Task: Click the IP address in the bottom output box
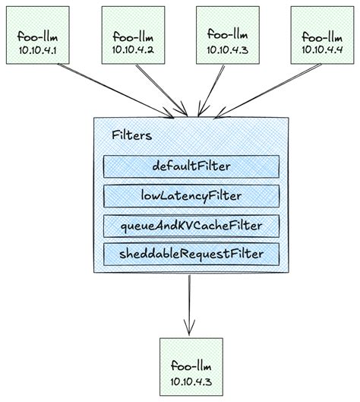point(190,378)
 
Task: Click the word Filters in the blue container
point(131,135)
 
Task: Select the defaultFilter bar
point(191,166)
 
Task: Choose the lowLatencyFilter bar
point(191,196)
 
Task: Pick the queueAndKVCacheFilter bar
point(191,225)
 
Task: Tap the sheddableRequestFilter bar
point(191,253)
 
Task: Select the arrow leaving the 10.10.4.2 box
point(158,90)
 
